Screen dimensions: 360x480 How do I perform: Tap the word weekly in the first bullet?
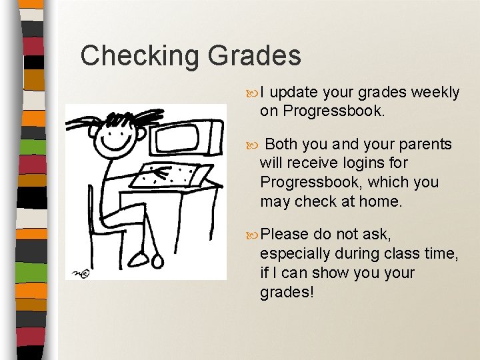(x=436, y=93)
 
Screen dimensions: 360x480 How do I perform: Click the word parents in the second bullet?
(x=427, y=145)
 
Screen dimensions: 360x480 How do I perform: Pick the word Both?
(x=281, y=144)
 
